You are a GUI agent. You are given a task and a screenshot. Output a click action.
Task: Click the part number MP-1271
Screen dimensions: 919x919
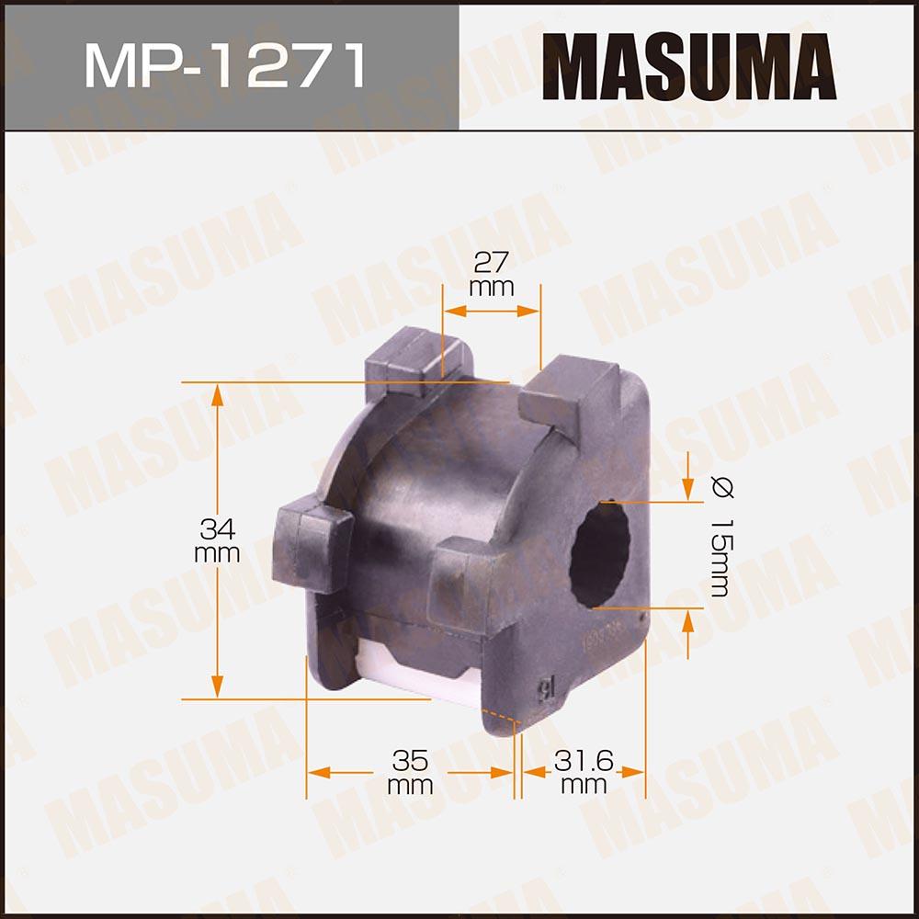tap(226, 65)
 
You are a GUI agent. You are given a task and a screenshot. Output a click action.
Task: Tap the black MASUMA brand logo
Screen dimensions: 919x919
tap(688, 66)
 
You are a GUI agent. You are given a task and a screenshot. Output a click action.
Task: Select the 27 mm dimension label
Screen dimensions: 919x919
tap(491, 274)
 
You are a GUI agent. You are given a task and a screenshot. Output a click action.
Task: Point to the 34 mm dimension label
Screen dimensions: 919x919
tap(217, 540)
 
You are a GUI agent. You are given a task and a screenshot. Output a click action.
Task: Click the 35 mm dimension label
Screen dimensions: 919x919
tap(410, 772)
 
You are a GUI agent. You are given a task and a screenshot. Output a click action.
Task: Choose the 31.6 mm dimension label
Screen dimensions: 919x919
tap(584, 772)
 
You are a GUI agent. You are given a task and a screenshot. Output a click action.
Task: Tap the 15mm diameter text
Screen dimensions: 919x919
tap(720, 558)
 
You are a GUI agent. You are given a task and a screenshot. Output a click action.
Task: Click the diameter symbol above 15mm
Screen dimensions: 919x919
tap(721, 487)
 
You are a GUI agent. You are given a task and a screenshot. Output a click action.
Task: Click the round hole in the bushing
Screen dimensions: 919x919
tap(599, 554)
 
